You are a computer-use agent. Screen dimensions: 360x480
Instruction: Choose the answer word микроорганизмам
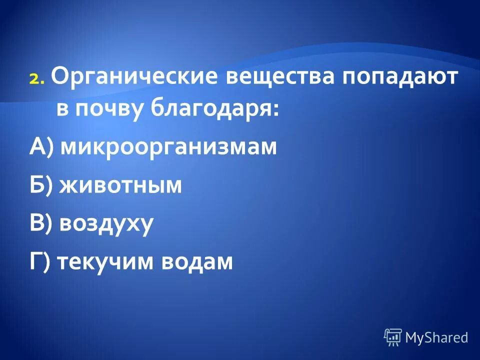pyautogui.click(x=168, y=147)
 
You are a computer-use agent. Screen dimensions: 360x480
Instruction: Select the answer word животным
pyautogui.click(x=120, y=185)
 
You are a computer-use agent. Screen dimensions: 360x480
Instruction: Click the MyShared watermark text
pyautogui.click(x=436, y=337)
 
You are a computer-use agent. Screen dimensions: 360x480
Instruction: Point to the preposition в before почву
pyautogui.click(x=61, y=109)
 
